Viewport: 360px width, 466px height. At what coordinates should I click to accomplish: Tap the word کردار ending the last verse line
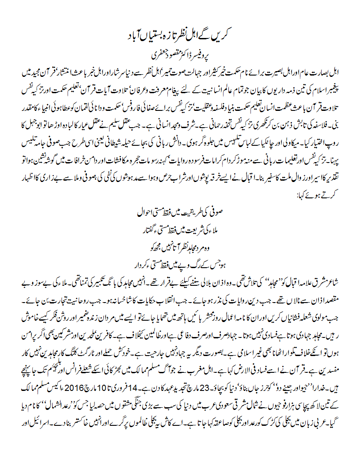pyautogui.click(x=146, y=266)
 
